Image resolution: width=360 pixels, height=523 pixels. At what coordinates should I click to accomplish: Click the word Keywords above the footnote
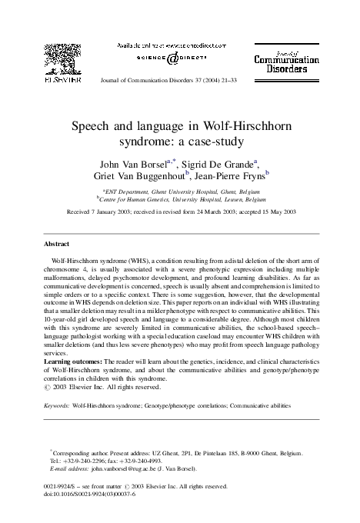(x=57, y=405)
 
